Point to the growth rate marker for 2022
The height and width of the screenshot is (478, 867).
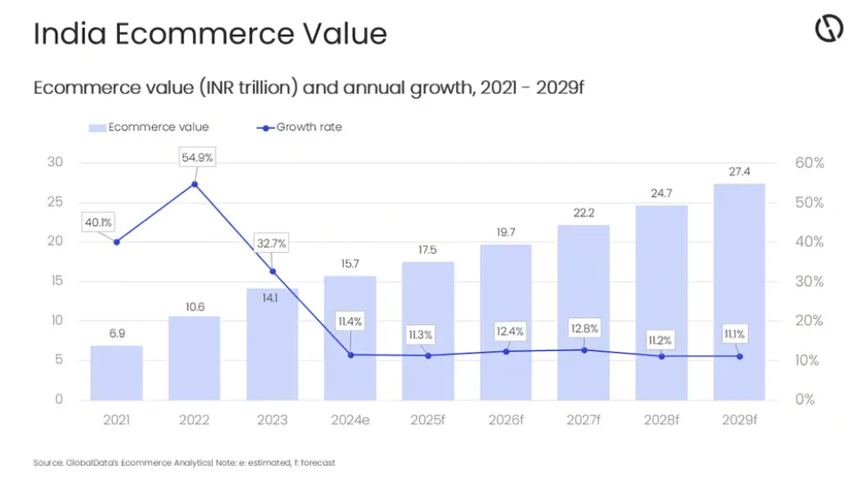[x=195, y=184]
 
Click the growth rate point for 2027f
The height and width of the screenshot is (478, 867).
[x=584, y=350]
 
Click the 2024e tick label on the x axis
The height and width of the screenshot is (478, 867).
[x=350, y=421]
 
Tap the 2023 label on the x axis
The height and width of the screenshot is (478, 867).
[x=272, y=421]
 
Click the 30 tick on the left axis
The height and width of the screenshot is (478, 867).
[x=55, y=163]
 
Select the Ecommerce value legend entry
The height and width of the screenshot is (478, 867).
[x=149, y=127]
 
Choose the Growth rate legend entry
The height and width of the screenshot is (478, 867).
[x=300, y=127]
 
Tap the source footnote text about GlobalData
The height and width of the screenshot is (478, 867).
[x=183, y=462]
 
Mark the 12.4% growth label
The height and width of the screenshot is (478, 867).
[x=506, y=331]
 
